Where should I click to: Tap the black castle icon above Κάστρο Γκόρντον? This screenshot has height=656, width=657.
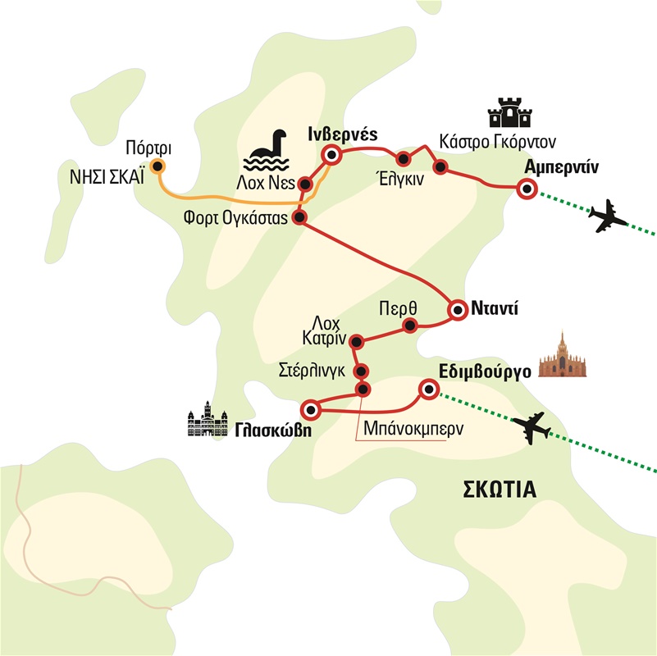pyautogui.click(x=510, y=112)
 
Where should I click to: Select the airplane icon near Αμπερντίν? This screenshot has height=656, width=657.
pyautogui.click(x=607, y=216)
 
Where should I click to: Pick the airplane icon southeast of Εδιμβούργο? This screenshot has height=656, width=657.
pyautogui.click(x=532, y=427)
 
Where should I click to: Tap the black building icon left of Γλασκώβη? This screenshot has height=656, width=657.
pyautogui.click(x=208, y=419)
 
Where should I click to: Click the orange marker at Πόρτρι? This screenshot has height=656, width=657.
pyautogui.click(x=157, y=166)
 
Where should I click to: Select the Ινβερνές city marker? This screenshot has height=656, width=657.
pyautogui.click(x=331, y=155)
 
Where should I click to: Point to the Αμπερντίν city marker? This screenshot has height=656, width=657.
pyautogui.click(x=527, y=189)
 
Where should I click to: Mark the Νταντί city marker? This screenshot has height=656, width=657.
pyautogui.click(x=458, y=311)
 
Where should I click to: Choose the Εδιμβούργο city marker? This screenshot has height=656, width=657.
pyautogui.click(x=429, y=389)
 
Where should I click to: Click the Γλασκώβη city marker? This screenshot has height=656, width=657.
pyautogui.click(x=311, y=409)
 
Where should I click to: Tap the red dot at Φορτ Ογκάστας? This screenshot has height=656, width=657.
pyautogui.click(x=299, y=217)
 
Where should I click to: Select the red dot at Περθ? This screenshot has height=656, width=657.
pyautogui.click(x=410, y=325)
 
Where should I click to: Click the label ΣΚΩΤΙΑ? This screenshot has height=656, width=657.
pyautogui.click(x=500, y=490)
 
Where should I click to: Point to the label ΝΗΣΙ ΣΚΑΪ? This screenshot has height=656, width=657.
pyautogui.click(x=107, y=178)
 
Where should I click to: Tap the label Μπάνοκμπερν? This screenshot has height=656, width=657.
pyautogui.click(x=413, y=430)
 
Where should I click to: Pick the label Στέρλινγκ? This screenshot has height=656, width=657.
pyautogui.click(x=312, y=371)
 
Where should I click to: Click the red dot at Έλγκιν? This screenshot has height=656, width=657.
pyautogui.click(x=403, y=159)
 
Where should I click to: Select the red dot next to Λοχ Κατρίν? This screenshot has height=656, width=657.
pyautogui.click(x=356, y=342)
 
